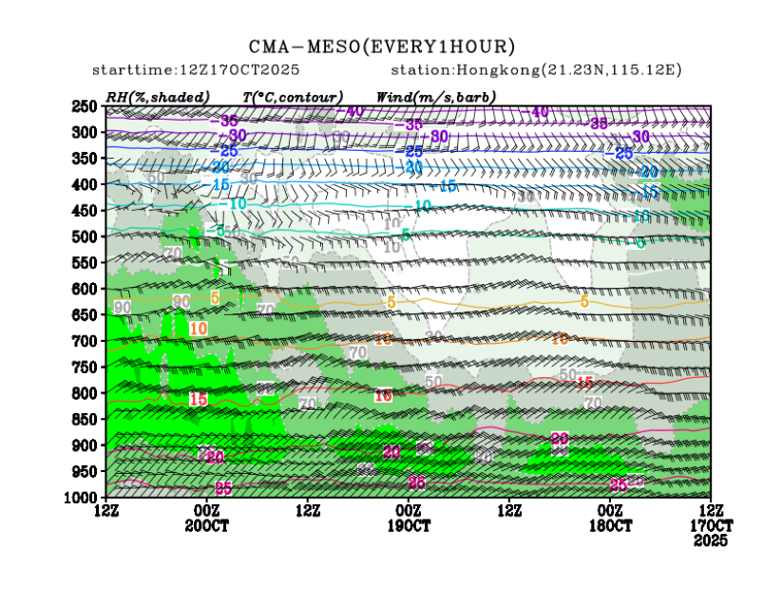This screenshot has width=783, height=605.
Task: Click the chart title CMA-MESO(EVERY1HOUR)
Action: tap(382, 47)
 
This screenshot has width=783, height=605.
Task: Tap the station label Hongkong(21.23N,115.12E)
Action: tap(536, 70)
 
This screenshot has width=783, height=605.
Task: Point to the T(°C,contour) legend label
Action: tap(293, 97)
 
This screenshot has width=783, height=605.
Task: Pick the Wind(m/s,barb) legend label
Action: tap(435, 97)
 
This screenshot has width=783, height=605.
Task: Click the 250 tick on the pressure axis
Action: tap(86, 106)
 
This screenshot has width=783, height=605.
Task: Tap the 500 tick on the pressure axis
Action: tap(86, 236)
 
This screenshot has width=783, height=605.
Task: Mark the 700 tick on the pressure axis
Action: tap(86, 341)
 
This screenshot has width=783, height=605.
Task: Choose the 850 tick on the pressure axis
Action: tap(86, 419)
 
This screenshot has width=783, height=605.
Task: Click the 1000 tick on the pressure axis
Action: tap(84, 498)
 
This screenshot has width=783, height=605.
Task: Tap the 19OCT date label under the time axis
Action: tap(409, 526)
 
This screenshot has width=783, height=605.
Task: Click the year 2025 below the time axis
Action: tap(711, 540)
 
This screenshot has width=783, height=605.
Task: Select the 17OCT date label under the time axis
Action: tap(711, 526)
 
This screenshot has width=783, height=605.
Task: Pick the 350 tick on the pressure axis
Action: tap(86, 159)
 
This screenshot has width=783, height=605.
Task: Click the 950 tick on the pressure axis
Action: tap(86, 471)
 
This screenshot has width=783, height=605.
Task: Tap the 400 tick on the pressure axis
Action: tap(86, 184)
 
